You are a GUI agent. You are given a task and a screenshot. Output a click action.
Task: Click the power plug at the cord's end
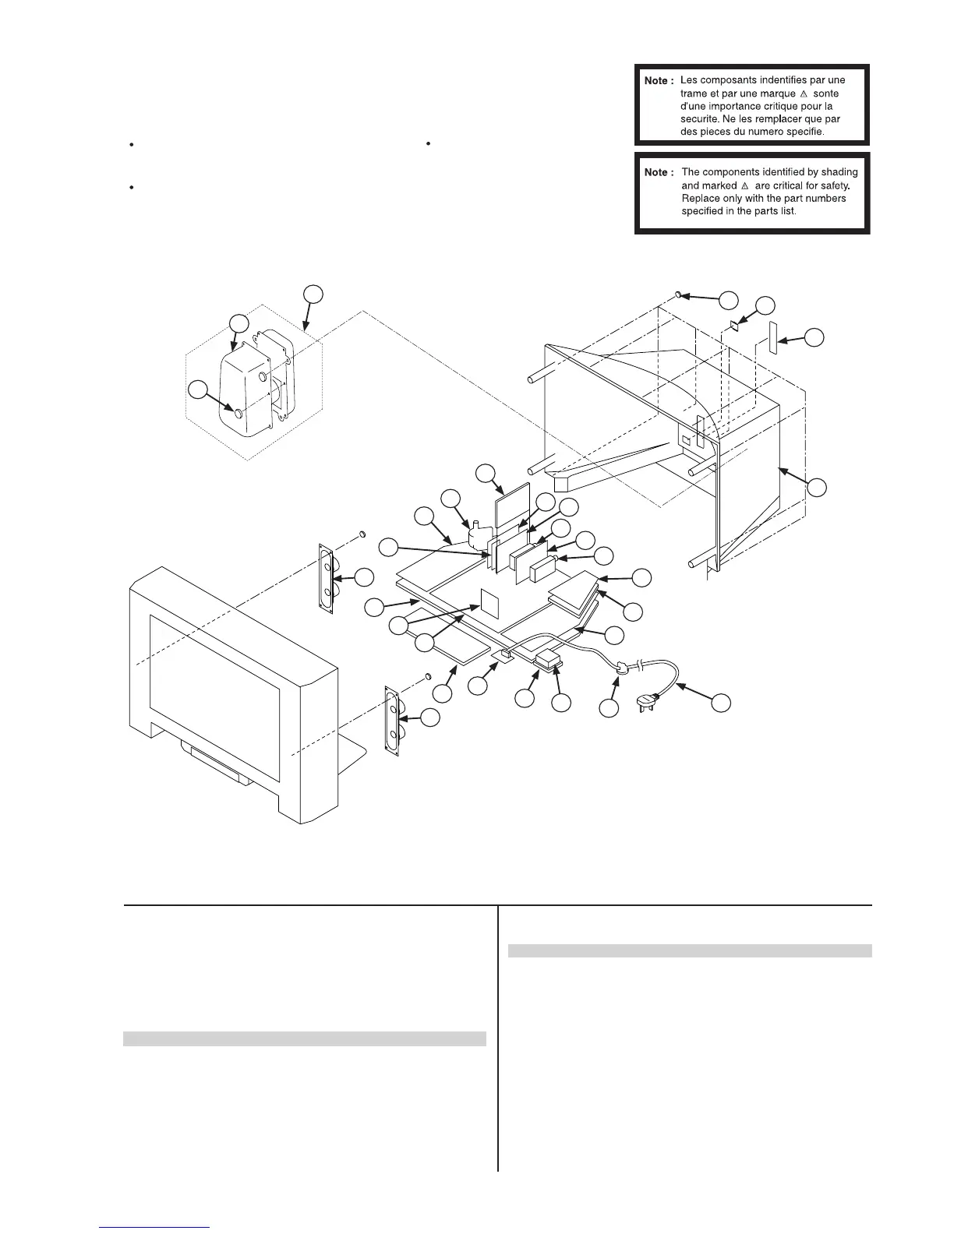[x=649, y=706]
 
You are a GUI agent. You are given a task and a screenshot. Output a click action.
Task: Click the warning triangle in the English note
[x=745, y=186]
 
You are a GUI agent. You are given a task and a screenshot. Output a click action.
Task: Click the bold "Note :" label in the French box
[x=657, y=81]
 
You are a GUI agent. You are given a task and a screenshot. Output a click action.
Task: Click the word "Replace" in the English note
[x=700, y=199]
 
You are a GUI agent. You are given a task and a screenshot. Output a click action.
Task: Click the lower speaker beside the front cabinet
[x=392, y=718]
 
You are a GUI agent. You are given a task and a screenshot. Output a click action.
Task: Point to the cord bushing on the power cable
[x=622, y=668]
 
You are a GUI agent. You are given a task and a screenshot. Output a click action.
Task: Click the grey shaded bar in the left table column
[x=305, y=1038]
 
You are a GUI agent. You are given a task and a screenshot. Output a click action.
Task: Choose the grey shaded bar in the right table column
[x=689, y=950]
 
